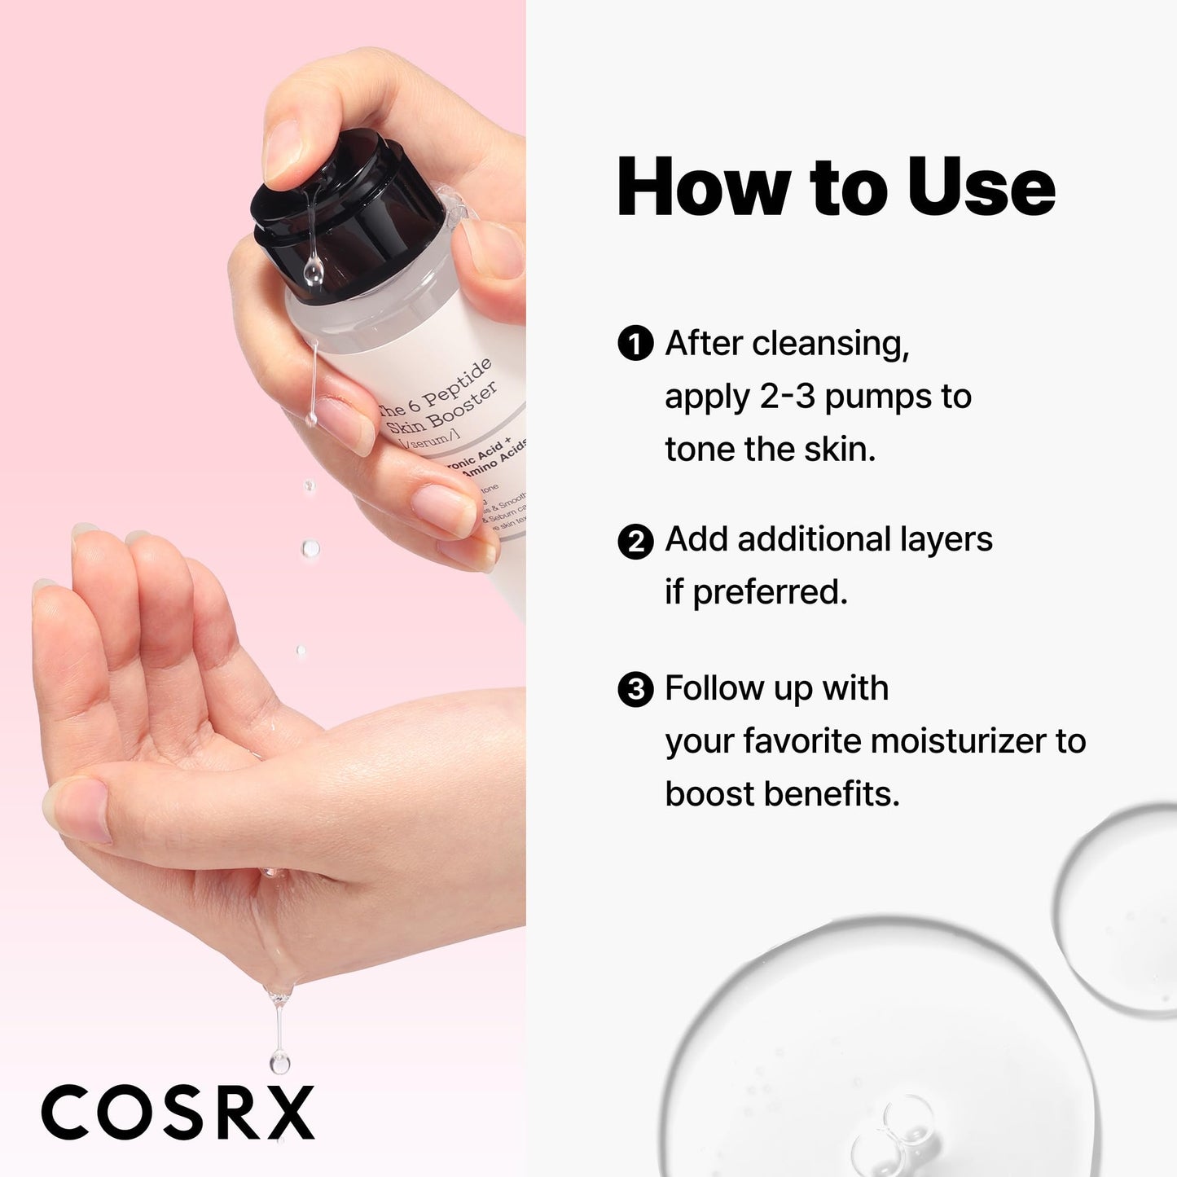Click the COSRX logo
[x=178, y=1112]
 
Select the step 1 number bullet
[x=635, y=344]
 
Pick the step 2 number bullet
[x=635, y=541]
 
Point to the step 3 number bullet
[x=635, y=690]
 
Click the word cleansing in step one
[x=830, y=344]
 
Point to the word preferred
[x=770, y=592]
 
